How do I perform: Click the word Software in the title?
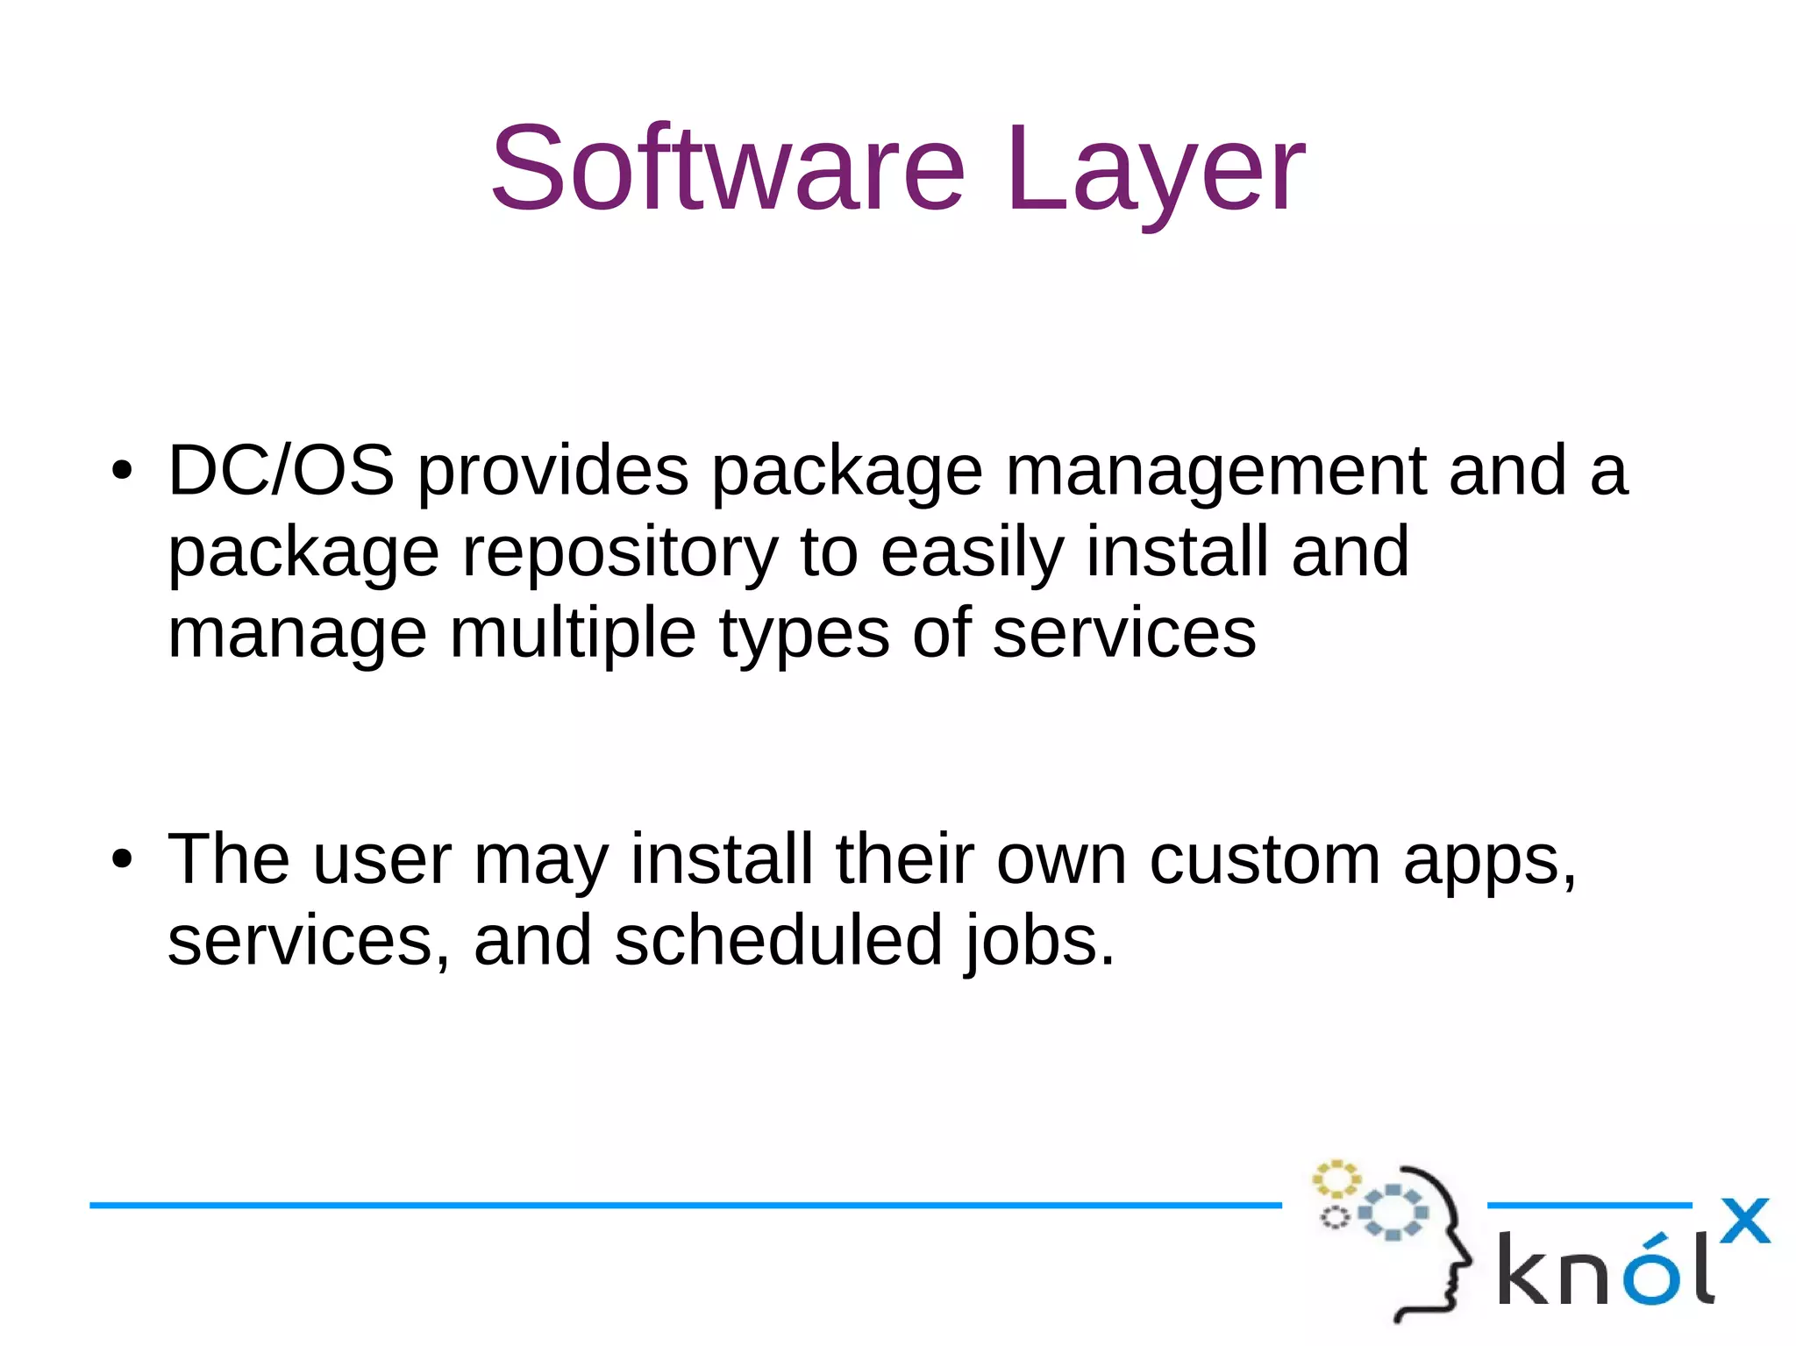tap(728, 168)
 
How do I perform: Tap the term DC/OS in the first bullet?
tap(281, 471)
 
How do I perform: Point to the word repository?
tap(620, 554)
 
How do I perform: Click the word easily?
tap(972, 554)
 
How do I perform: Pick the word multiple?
tap(573, 634)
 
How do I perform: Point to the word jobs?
tap(1039, 943)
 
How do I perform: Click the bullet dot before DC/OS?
tap(122, 472)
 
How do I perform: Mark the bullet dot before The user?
tap(122, 859)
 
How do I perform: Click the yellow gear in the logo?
tap(1336, 1179)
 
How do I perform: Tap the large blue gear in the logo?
tap(1393, 1213)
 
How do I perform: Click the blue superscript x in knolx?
tap(1744, 1221)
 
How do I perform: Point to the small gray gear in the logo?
tap(1335, 1218)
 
